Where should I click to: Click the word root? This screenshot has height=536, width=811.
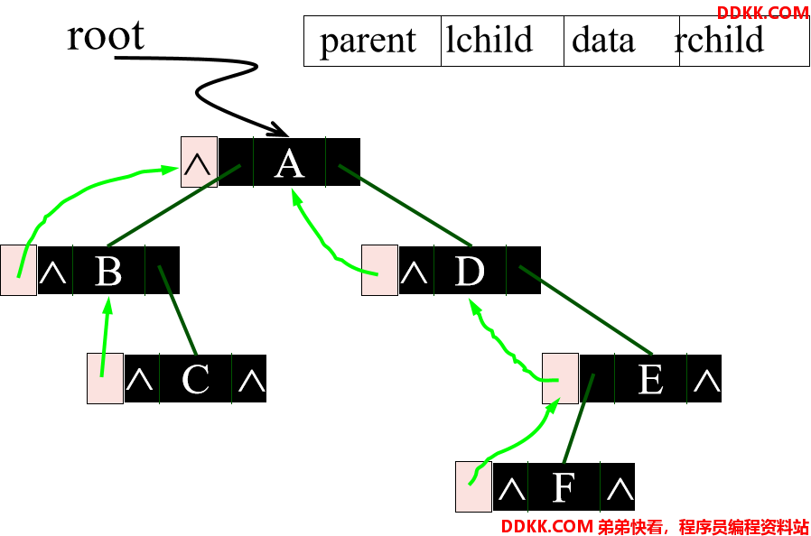106,35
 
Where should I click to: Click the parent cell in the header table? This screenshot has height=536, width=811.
372,41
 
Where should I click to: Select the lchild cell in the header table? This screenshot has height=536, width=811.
502,41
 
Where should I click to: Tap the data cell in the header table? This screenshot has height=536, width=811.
621,41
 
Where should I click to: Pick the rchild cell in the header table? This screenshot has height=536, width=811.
744,41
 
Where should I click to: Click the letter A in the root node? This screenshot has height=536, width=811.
289,165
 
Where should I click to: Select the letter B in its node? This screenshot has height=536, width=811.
108,271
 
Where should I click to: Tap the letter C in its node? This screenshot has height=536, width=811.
195,379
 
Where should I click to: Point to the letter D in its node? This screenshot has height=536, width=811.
470,271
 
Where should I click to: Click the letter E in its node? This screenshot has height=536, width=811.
650,379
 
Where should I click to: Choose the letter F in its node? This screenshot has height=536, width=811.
564,487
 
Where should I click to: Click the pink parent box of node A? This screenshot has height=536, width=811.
199,162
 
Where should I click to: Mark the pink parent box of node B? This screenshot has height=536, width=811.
19,271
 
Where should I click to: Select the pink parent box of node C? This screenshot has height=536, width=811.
105,379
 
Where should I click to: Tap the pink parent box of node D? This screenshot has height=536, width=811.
379,271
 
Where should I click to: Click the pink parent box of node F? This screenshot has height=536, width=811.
474,487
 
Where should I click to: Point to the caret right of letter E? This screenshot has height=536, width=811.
706,382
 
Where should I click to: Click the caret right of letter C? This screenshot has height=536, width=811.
252,382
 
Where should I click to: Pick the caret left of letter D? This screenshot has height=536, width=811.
414,273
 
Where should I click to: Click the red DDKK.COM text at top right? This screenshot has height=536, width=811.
763,13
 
